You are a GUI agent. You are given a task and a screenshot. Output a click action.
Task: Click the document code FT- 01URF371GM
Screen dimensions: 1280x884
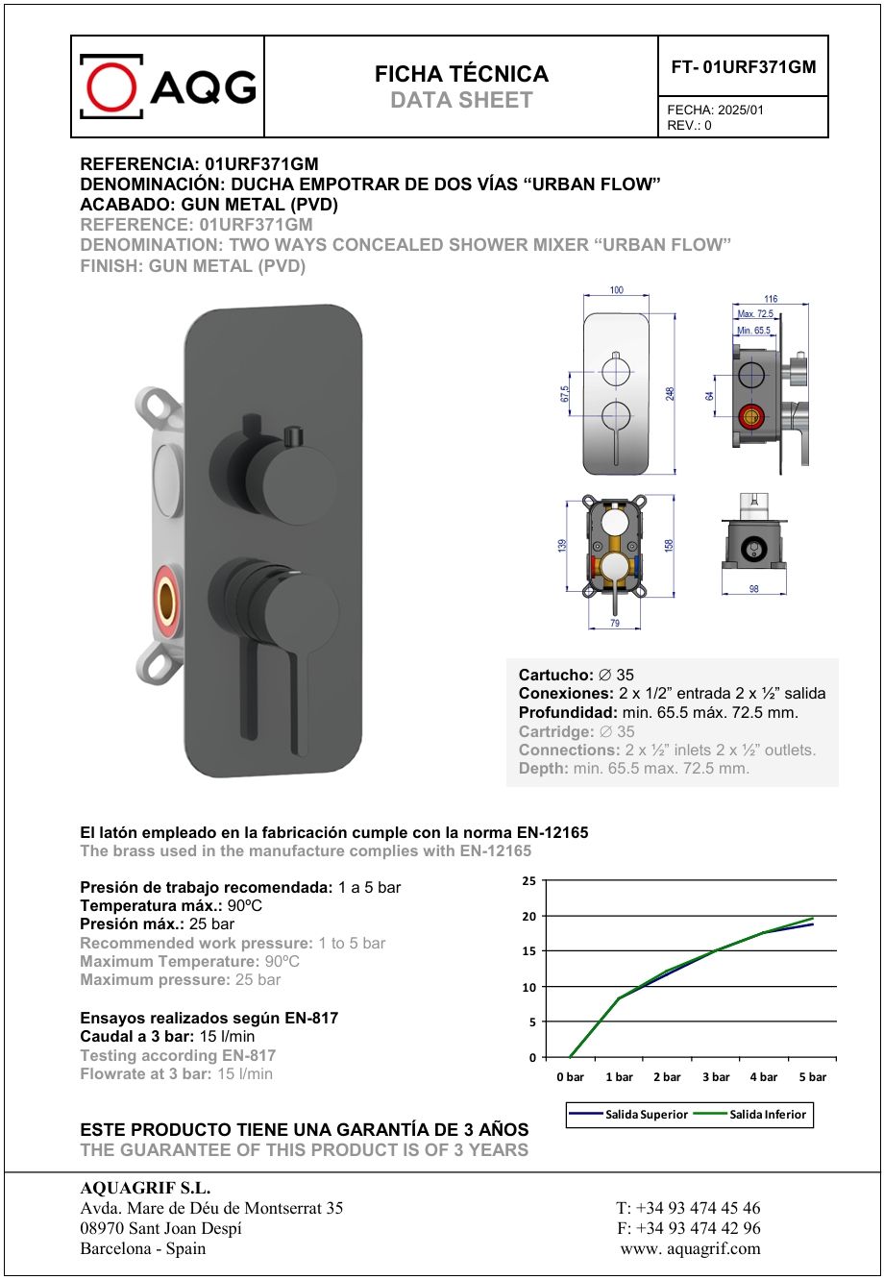point(743,67)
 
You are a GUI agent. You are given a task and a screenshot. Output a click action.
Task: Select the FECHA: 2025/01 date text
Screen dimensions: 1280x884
point(716,110)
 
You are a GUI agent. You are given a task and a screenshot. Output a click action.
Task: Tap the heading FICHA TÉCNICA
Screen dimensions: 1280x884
point(461,74)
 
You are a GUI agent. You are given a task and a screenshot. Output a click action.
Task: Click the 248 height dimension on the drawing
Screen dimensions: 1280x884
point(670,393)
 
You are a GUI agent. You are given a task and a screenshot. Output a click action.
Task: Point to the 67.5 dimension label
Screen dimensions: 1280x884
point(565,395)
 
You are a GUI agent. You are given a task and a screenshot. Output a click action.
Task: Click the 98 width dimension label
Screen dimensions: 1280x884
point(753,589)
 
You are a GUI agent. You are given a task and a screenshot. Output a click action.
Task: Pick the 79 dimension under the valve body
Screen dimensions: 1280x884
point(615,624)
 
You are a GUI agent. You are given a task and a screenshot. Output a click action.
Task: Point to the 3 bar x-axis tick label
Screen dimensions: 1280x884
point(715,1077)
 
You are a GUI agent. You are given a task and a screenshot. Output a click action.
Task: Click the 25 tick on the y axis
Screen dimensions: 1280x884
point(528,881)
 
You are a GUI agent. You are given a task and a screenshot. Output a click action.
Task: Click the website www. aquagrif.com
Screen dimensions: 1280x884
point(690,1249)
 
